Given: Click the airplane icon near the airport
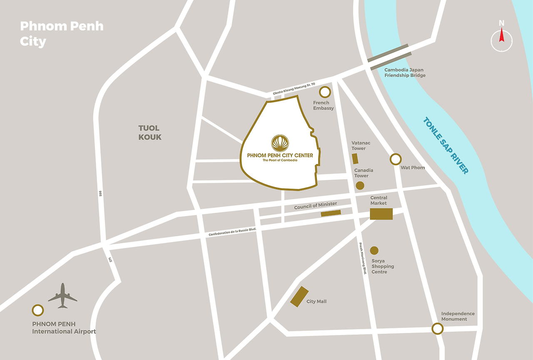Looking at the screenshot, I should [x=62, y=296].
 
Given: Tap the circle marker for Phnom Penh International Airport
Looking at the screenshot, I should [x=38, y=310].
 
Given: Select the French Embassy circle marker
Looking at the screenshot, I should [x=325, y=92].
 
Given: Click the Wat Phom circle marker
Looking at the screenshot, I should [x=396, y=159].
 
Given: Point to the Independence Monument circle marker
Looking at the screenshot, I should [x=437, y=329].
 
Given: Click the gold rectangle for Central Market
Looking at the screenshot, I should [x=381, y=213].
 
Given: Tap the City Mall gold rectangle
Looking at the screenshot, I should [x=299, y=297].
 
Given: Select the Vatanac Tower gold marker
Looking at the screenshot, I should [x=355, y=159].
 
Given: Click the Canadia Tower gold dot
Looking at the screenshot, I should [x=360, y=186].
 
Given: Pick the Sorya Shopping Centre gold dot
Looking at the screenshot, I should [x=374, y=250].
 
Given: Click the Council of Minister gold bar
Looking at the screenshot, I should [x=331, y=213].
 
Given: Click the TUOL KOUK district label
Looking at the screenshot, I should [x=149, y=132].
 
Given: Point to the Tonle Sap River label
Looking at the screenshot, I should [x=446, y=145].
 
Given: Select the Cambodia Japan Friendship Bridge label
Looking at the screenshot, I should [x=405, y=73].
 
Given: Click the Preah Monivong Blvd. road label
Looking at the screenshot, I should [x=362, y=259].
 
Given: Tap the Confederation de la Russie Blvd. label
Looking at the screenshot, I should [x=232, y=232].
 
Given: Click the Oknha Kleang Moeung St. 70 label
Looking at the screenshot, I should [x=294, y=88].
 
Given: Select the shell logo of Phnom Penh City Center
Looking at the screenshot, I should [x=280, y=143].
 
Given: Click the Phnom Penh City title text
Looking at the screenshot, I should [x=62, y=34].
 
